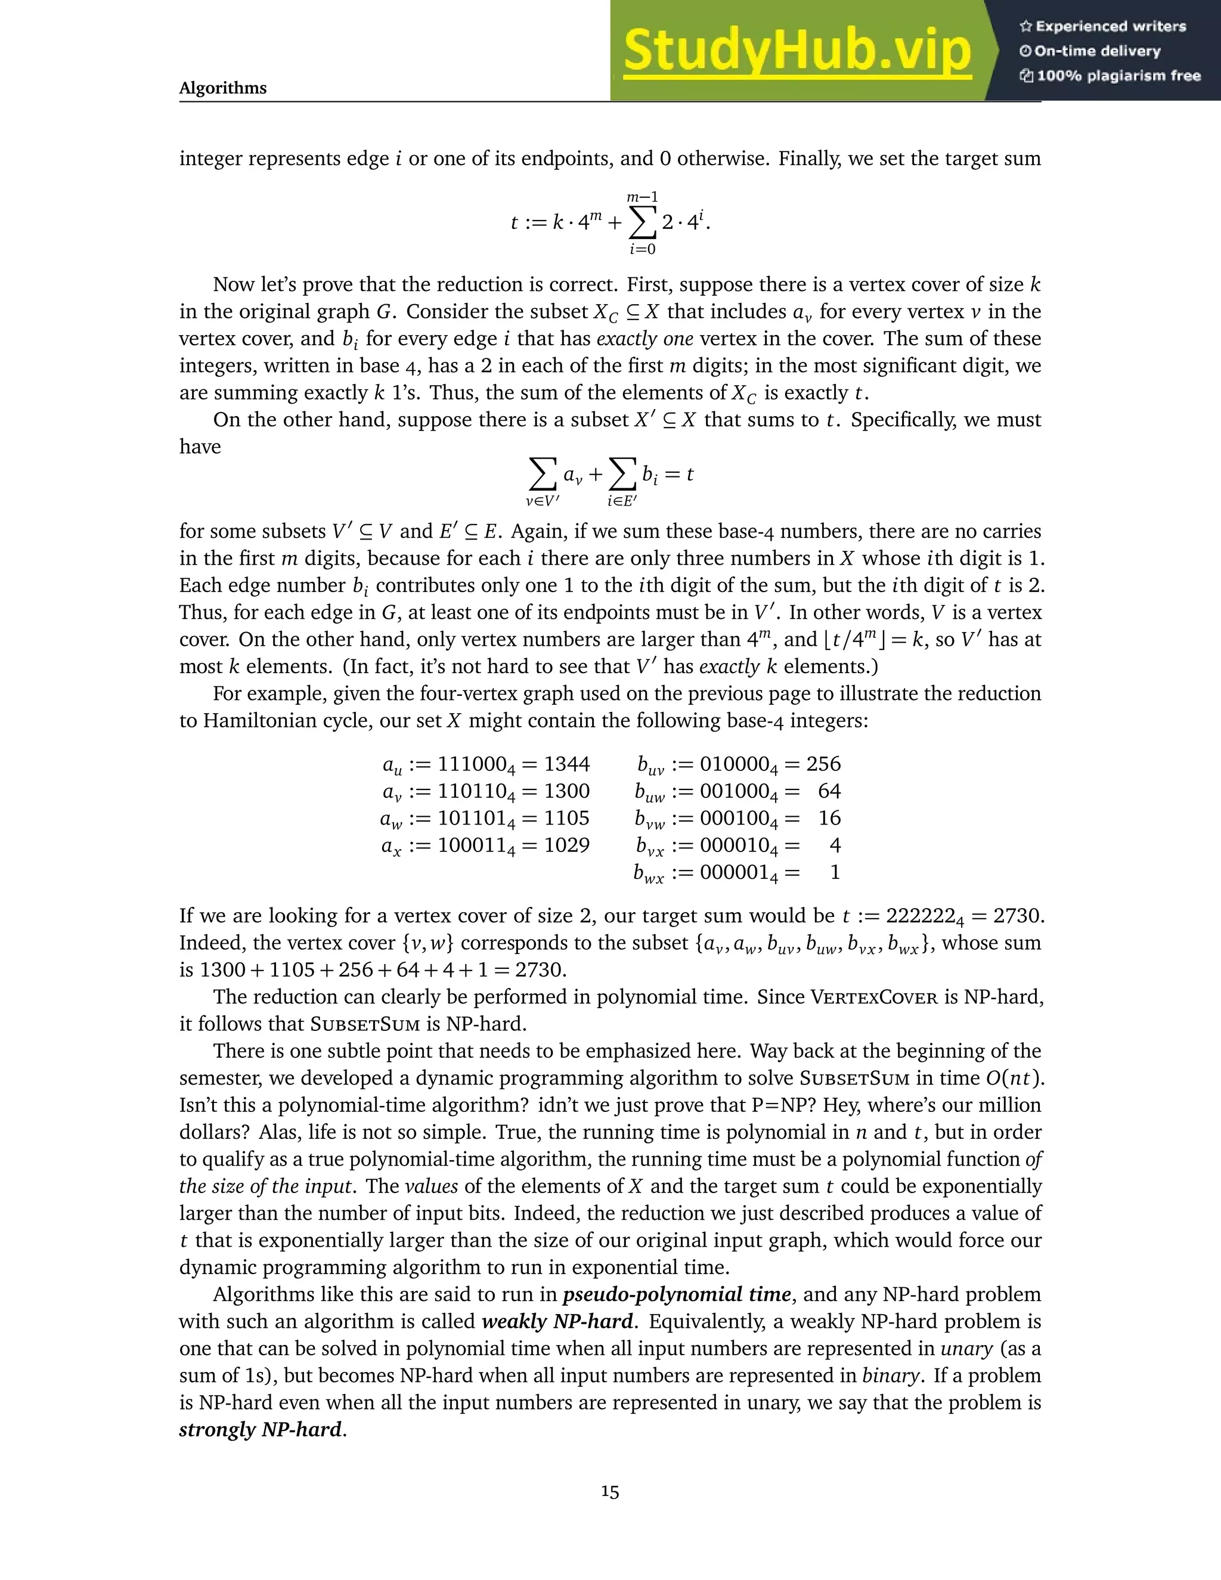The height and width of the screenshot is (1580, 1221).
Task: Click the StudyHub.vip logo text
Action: click(797, 51)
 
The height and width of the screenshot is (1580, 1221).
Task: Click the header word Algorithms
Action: click(223, 88)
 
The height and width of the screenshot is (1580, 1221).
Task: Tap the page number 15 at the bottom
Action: click(610, 1492)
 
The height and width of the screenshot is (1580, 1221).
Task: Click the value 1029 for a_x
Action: click(566, 845)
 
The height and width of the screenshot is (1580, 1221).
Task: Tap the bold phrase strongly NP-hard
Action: click(261, 1430)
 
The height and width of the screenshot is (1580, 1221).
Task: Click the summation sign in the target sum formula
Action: click(642, 223)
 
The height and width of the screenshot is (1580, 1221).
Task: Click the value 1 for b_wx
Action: click(835, 872)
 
